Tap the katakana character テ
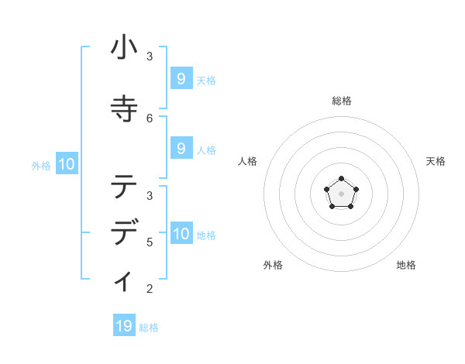[124, 186]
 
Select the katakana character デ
[124, 233]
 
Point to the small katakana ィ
[124, 280]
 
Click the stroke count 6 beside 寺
[150, 118]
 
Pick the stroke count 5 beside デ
[150, 242]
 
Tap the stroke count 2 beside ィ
[150, 289]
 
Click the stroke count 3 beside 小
[150, 57]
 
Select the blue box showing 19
[124, 326]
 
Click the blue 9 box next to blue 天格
[181, 78]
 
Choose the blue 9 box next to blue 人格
[181, 148]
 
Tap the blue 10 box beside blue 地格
[181, 233]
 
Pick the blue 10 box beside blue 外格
[66, 164]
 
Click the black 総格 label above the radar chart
[341, 101]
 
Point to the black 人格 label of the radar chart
[248, 161]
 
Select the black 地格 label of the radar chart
[406, 265]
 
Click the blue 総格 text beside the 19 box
[149, 328]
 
